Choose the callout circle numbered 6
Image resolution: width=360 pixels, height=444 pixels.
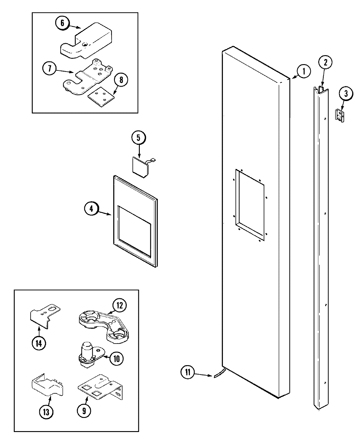(62, 24)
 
